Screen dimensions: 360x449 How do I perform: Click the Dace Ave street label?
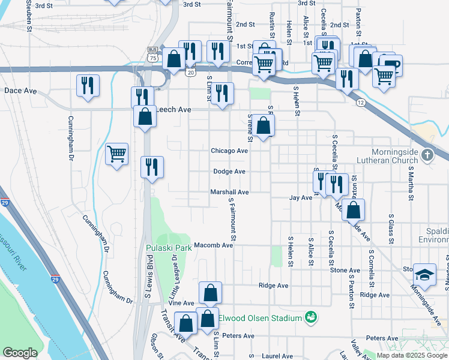point(20,91)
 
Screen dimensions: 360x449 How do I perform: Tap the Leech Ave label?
point(173,110)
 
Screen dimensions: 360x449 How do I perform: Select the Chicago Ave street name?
point(229,151)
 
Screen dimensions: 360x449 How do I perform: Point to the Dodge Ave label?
point(229,172)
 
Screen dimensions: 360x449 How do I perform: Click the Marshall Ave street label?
point(229,193)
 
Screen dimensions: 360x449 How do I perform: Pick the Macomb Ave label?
point(212,245)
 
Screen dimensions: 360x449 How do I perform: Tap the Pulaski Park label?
point(168,247)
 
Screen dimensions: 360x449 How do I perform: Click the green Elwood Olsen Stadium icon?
point(311,316)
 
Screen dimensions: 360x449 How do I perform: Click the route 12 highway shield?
point(360,103)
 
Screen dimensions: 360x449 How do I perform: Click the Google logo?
point(20,353)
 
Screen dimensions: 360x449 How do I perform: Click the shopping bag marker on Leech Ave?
point(145,116)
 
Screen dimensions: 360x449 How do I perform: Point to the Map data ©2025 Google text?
point(412,355)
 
